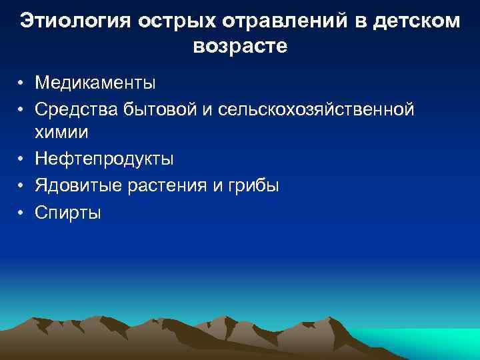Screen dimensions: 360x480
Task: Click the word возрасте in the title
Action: point(240,47)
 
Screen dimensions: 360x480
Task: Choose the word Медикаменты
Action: point(95,83)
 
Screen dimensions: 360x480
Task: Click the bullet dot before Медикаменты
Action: point(22,84)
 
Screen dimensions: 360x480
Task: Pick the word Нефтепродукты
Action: point(105,159)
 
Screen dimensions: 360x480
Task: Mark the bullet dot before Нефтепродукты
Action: point(22,159)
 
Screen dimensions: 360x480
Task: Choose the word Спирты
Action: point(69,212)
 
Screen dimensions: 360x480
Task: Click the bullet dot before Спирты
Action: point(22,212)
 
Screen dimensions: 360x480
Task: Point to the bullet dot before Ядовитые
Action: point(22,186)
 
